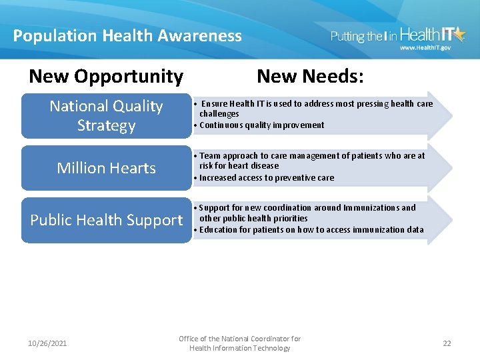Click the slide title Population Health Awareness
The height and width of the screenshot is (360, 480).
point(127,36)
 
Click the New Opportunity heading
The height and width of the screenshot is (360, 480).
point(106,77)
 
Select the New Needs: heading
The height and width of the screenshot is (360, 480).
point(310,77)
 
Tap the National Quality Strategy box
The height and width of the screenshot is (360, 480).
point(106,115)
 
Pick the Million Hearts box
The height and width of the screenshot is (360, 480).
point(106,168)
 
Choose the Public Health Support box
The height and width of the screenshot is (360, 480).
point(106,220)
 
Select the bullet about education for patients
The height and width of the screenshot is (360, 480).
point(311,230)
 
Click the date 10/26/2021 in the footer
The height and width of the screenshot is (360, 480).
point(47,343)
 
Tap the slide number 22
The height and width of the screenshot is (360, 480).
point(447,343)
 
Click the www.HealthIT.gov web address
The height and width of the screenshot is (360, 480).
point(425,48)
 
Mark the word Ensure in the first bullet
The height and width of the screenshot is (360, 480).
point(214,104)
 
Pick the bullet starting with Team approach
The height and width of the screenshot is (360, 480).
point(312,156)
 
